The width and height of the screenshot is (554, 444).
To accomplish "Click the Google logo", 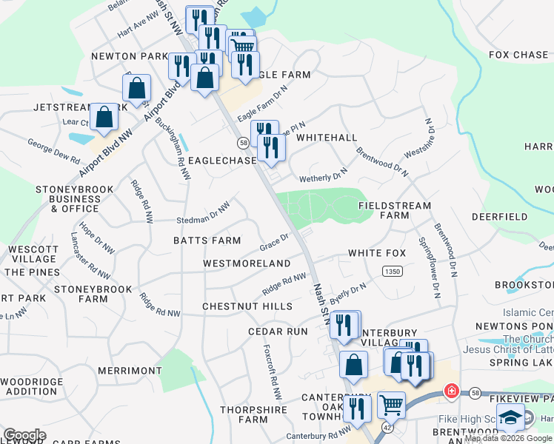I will pyautogui.click(x=24, y=435).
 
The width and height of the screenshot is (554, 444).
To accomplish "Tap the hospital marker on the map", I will pyautogui.click(x=450, y=390).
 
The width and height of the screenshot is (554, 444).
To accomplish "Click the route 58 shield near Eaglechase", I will pyautogui.click(x=243, y=142).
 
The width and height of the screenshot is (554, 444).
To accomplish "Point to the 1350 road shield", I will pyautogui.click(x=393, y=272).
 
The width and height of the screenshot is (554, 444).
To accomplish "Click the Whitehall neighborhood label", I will pyautogui.click(x=327, y=138).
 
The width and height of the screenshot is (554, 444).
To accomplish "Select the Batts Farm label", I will pyautogui.click(x=207, y=240).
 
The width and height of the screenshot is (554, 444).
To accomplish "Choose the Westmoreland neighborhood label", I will pyautogui.click(x=247, y=263).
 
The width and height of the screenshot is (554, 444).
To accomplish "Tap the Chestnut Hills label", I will pyautogui.click(x=247, y=306).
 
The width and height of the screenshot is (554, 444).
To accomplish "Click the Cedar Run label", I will pyautogui.click(x=278, y=332).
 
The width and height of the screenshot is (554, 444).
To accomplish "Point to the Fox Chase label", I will pyautogui.click(x=518, y=55).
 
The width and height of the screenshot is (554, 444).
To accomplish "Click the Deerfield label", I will pyautogui.click(x=499, y=217).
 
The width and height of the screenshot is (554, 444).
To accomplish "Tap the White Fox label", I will pyautogui.click(x=377, y=253).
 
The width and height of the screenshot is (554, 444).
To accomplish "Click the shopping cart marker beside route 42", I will pyautogui.click(x=390, y=405).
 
